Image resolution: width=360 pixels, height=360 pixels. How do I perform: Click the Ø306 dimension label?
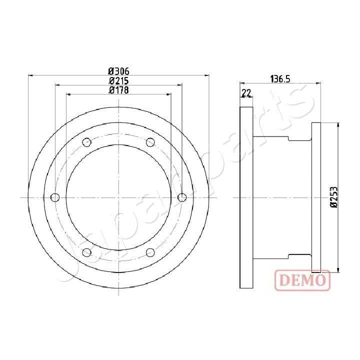(x=119, y=71)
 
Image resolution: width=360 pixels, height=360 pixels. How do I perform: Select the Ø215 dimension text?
(x=119, y=80)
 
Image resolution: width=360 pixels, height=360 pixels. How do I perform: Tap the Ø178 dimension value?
(x=119, y=90)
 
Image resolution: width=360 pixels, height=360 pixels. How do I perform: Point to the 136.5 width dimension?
(x=280, y=78)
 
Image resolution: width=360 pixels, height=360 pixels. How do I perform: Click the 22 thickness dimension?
(x=246, y=92)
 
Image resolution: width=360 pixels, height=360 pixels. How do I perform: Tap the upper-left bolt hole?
(x=86, y=142)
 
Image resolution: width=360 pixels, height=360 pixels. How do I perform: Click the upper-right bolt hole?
(x=150, y=142)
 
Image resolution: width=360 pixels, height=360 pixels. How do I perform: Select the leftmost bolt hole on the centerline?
(x=55, y=197)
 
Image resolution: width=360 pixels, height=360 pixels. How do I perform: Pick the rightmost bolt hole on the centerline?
(x=182, y=197)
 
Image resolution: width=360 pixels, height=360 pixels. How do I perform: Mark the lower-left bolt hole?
(x=86, y=252)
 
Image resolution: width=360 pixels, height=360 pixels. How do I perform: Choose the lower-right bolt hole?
(x=150, y=252)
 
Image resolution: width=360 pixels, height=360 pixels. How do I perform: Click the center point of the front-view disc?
(x=118, y=197)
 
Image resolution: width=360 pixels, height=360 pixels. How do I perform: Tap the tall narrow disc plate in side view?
(x=246, y=197)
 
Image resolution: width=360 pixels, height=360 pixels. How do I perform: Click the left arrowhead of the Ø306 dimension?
(x=30, y=76)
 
